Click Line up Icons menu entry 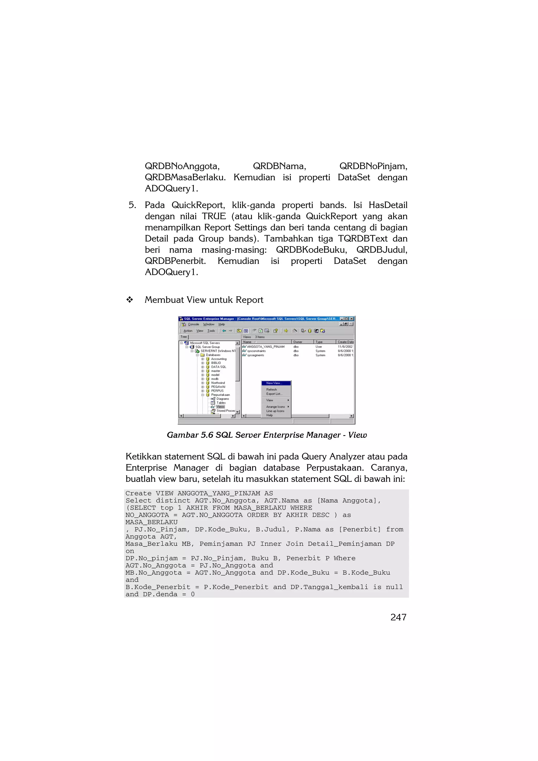[x=275, y=411]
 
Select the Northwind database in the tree [x=218, y=383]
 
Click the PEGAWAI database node [x=218, y=387]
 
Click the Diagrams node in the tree [x=223, y=399]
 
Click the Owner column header [x=298, y=342]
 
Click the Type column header [x=319, y=342]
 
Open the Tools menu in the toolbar [x=211, y=331]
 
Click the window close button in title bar [x=352, y=319]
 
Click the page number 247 [x=398, y=617]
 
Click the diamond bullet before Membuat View [x=130, y=300]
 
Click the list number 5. [x=132, y=205]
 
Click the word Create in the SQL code [x=138, y=493]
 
